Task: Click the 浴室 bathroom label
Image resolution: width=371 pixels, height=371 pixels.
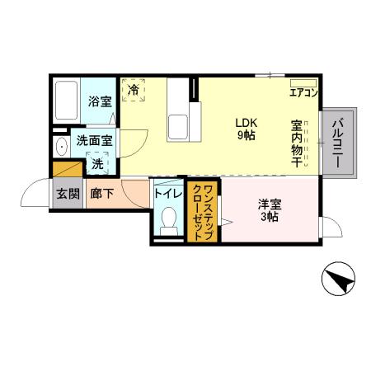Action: tap(101, 102)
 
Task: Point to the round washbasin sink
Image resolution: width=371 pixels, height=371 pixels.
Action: tap(63, 147)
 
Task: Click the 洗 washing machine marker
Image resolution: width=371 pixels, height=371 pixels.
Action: tap(97, 163)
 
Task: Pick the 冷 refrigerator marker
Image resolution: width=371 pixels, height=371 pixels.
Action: tap(134, 90)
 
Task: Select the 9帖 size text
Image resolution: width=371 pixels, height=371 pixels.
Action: tap(247, 134)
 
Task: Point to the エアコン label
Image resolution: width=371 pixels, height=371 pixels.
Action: tap(303, 93)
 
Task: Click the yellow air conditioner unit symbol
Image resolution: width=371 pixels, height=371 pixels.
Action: tap(303, 82)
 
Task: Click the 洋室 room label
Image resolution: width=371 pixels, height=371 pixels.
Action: tap(269, 204)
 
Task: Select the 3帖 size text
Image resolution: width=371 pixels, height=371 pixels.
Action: tap(269, 217)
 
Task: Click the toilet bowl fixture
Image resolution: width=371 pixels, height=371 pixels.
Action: tap(169, 219)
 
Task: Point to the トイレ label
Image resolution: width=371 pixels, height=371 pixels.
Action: tap(167, 195)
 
